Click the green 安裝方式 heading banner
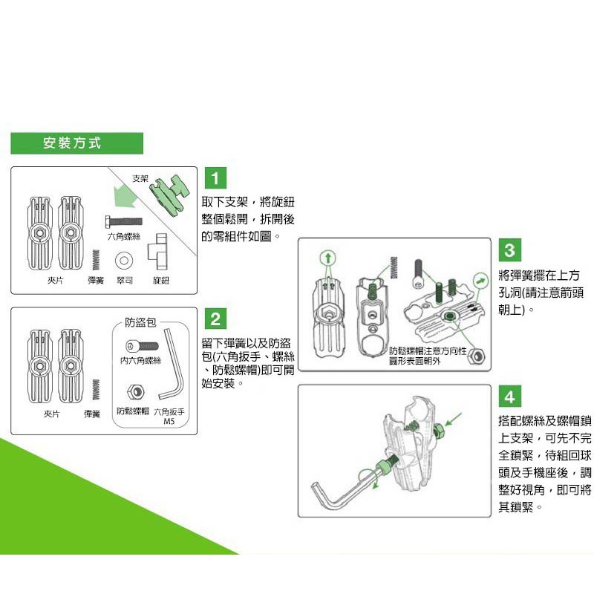pos(77,143)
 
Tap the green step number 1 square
pos(215,178)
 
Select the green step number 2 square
pos(215,319)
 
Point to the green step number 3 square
pos(510,250)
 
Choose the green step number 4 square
pos(510,396)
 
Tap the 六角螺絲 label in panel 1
pos(124,236)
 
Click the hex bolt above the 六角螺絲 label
pos(124,221)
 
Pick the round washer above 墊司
pos(124,261)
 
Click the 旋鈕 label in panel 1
pos(161,281)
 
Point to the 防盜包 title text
pos(140,322)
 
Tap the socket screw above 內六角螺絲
pos(142,346)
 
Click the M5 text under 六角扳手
pos(169,421)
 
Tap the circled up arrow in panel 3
pos(328,258)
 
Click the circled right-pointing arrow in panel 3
pos(480,281)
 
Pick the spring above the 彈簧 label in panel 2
pos(96,389)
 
